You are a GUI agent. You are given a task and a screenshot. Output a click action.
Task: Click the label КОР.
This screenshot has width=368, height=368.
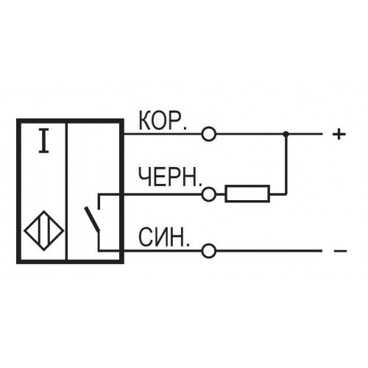(x=163, y=121)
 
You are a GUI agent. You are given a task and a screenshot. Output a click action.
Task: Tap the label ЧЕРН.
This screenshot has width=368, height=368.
(x=170, y=177)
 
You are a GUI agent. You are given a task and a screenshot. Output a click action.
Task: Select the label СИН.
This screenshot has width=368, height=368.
(x=164, y=237)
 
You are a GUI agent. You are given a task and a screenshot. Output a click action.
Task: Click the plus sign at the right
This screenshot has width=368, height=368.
(x=339, y=134)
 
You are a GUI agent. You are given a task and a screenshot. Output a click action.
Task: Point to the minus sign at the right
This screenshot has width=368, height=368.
(x=340, y=251)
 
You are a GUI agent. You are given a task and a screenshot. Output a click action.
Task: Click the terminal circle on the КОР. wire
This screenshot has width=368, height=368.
(x=209, y=134)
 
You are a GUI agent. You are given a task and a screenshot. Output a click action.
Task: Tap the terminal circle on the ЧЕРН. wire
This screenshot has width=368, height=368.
(x=209, y=194)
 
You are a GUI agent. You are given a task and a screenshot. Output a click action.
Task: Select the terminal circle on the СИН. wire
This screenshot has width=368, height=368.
(x=209, y=251)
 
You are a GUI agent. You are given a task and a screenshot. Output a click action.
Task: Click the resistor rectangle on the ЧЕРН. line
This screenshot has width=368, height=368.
(x=247, y=194)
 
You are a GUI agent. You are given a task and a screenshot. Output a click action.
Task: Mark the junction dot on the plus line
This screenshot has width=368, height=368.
(x=286, y=134)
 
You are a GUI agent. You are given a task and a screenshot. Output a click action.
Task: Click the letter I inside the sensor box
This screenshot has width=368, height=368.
(x=44, y=141)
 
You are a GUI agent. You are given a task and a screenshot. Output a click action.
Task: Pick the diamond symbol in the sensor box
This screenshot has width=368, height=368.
(x=44, y=230)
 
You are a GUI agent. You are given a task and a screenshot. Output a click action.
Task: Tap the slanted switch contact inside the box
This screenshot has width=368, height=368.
(x=92, y=219)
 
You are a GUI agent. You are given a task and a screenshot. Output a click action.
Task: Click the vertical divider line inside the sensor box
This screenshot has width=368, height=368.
(x=66, y=191)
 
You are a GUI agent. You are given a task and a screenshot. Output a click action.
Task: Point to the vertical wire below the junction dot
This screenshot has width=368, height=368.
(x=286, y=164)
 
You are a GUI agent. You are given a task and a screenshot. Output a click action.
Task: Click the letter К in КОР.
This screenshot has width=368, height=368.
(x=144, y=121)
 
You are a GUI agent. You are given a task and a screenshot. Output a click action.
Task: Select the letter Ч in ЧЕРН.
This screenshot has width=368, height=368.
(x=144, y=177)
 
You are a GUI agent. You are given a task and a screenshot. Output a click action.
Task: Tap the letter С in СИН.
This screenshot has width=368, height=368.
(x=145, y=237)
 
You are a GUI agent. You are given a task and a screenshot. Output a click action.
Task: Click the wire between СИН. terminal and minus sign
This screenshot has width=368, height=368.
(x=269, y=251)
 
